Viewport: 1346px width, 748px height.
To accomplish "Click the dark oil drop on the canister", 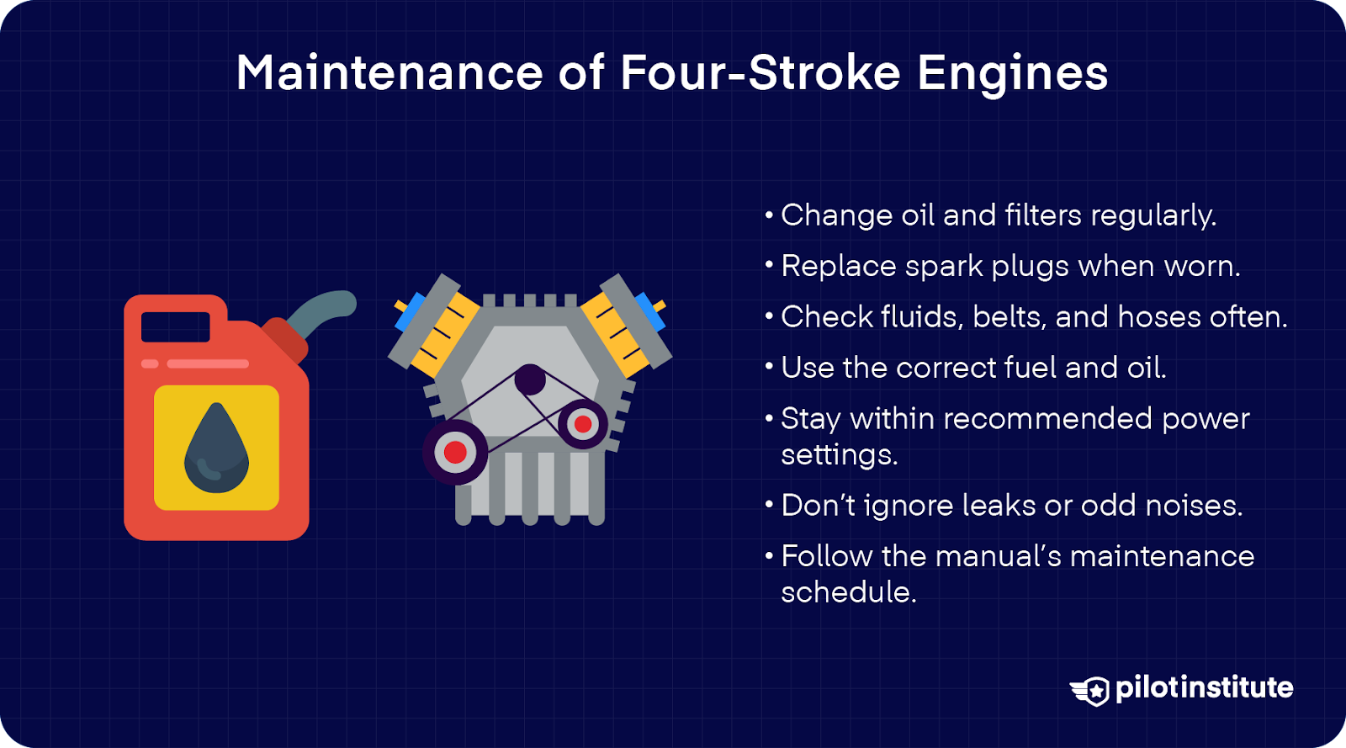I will pyautogui.click(x=216, y=448).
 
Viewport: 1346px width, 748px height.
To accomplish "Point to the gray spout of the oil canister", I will pyautogui.click(x=324, y=310).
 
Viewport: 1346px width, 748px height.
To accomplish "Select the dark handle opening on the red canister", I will pyautogui.click(x=175, y=326).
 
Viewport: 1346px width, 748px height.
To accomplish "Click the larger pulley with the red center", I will pyautogui.click(x=455, y=452).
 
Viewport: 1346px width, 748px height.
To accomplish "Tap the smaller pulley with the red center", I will pyautogui.click(x=582, y=424).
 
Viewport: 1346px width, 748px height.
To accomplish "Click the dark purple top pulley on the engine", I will pyautogui.click(x=530, y=380).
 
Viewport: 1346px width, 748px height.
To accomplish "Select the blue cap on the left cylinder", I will pyautogui.click(x=409, y=311).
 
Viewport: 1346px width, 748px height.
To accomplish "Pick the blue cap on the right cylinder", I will pyautogui.click(x=650, y=310).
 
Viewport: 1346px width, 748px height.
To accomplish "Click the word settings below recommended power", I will pyautogui.click(x=838, y=455).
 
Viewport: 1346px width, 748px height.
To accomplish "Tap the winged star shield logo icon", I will pyautogui.click(x=1092, y=690).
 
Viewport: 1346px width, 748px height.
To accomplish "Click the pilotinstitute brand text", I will pyautogui.click(x=1204, y=688).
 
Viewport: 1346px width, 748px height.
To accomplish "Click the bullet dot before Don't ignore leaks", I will pyautogui.click(x=769, y=506).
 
